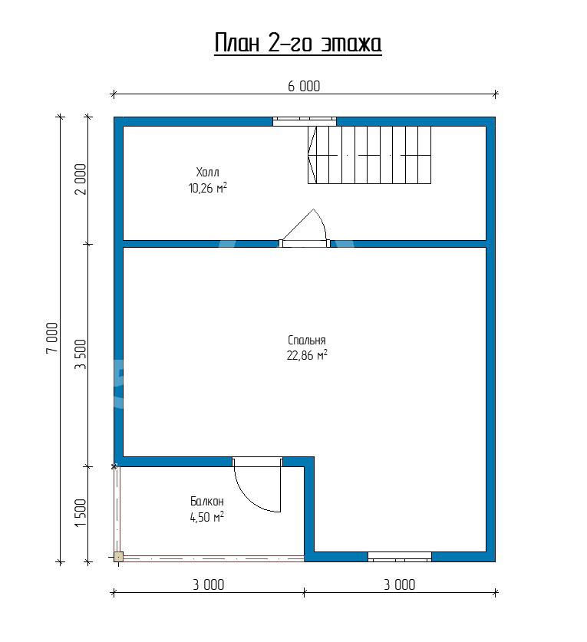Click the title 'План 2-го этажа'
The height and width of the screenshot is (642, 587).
click(298, 44)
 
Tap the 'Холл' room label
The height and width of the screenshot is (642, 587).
click(207, 172)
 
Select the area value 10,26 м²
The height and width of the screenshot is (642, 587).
click(208, 188)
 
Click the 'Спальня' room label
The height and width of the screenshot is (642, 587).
click(306, 341)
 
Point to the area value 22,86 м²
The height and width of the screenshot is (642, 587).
click(307, 355)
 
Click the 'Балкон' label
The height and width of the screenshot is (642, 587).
click(207, 501)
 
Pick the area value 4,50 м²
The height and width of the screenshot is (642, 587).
click(207, 517)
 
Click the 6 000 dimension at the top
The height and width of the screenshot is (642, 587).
click(304, 87)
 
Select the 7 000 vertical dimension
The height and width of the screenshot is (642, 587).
click(52, 338)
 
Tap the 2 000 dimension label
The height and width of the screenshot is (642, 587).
click(81, 179)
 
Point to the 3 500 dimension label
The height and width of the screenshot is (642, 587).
click(81, 354)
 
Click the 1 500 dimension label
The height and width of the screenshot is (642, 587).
click(81, 512)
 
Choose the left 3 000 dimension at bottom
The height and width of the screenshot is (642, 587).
click(209, 584)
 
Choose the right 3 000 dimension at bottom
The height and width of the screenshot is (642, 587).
click(399, 584)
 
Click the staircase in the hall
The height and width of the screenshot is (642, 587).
click(370, 155)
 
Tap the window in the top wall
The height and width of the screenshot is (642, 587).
click(305, 120)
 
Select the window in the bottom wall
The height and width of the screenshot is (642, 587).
click(399, 556)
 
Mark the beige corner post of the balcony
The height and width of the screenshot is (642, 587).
click(118, 557)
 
